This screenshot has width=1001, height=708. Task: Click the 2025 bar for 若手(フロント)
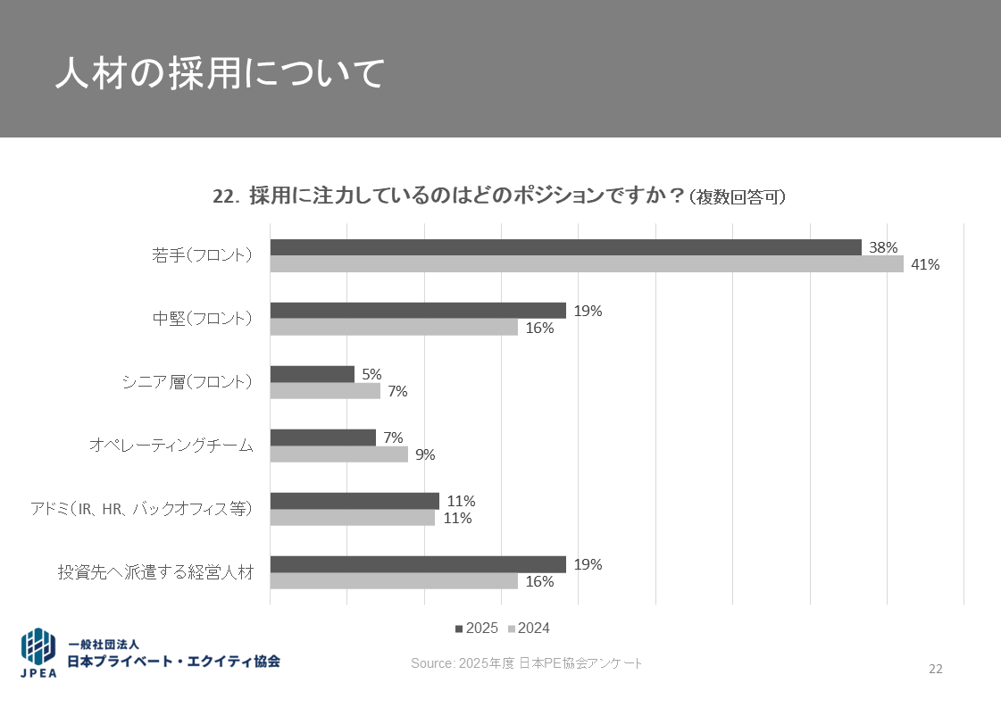point(565,247)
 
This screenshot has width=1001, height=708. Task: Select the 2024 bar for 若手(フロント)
point(587,264)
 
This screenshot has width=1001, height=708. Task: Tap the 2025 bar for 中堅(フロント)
point(418,311)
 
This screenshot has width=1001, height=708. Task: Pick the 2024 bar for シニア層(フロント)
point(325,391)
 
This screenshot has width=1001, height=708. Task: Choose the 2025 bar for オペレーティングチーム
point(322,437)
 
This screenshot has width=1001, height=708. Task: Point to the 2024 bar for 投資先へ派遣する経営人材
point(394,581)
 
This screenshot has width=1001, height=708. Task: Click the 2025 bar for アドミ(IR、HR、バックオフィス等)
point(355,501)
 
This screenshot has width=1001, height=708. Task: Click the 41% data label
point(925,264)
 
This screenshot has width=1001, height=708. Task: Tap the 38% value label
point(883,247)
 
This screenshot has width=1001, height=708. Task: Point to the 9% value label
point(425,454)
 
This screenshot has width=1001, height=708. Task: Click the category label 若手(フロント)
point(202,255)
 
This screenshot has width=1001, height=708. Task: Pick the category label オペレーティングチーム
point(171,446)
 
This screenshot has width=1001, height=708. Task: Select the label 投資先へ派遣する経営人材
point(155,572)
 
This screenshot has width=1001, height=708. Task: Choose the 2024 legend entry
point(529,629)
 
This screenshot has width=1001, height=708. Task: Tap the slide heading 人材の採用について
point(219,73)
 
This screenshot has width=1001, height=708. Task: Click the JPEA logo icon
point(38,652)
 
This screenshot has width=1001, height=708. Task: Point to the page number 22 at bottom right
point(935,669)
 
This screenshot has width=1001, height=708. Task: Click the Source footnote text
point(526,663)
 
